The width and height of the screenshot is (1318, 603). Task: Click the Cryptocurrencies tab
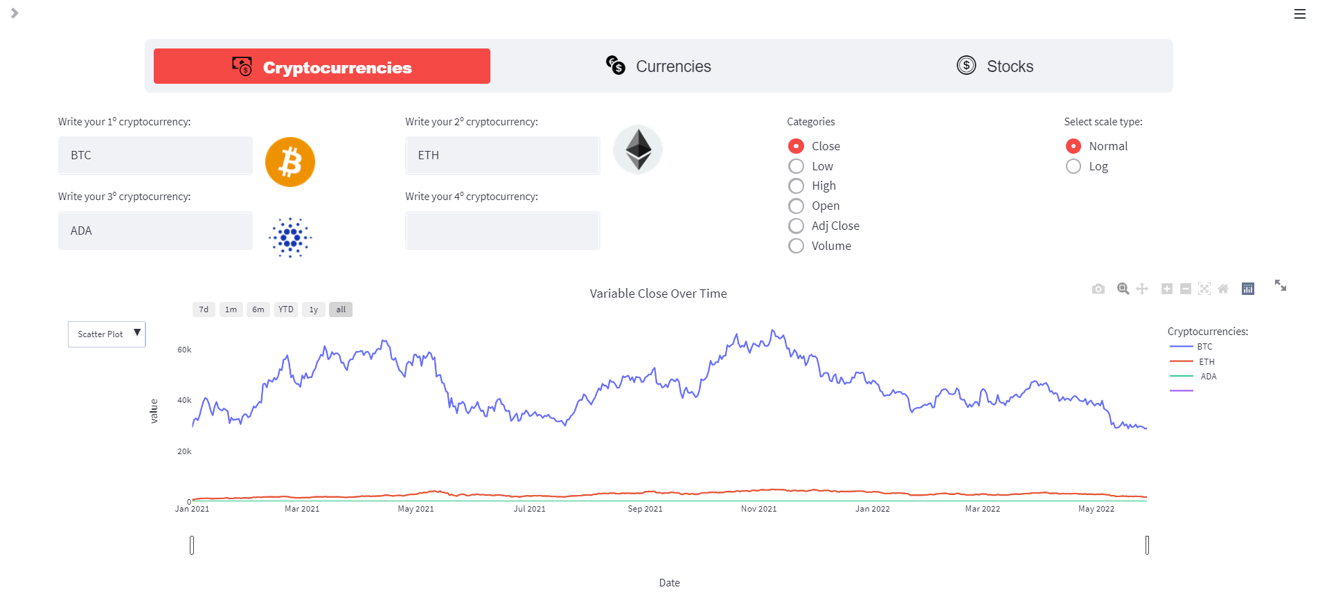tap(322, 66)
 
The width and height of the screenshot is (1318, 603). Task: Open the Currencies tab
tap(658, 66)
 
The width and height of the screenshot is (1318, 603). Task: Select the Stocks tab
tap(995, 66)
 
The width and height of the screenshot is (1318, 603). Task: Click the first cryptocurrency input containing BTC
tap(155, 156)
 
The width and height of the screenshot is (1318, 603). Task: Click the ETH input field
tap(502, 156)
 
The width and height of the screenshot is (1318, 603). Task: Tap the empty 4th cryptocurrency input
tap(502, 231)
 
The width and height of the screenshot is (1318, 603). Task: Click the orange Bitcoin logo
tap(290, 162)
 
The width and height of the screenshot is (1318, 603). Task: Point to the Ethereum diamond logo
tap(638, 149)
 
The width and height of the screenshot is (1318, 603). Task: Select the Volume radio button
tap(796, 246)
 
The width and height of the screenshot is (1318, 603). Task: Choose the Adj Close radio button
tap(796, 226)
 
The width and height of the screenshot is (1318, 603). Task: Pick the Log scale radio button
tap(1074, 167)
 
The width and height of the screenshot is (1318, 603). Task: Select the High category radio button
tap(796, 186)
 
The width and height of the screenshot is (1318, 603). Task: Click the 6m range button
tap(258, 309)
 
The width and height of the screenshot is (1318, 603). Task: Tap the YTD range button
tap(286, 309)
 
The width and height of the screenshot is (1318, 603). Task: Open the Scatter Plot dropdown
tap(107, 334)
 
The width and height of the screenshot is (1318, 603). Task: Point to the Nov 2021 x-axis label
tap(758, 509)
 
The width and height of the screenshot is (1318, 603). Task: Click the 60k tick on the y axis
tap(184, 350)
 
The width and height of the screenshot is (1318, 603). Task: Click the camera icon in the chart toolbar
tap(1098, 289)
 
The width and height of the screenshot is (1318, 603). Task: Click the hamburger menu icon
tap(1299, 14)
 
